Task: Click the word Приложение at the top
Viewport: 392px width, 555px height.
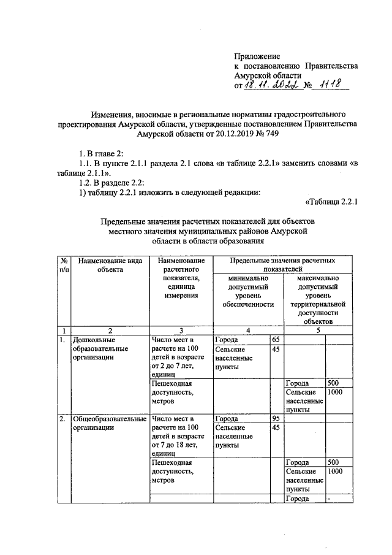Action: pyautogui.click(x=257, y=56)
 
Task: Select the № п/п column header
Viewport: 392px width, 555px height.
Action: pyautogui.click(x=63, y=264)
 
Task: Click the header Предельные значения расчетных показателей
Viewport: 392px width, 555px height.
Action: pyautogui.click(x=283, y=264)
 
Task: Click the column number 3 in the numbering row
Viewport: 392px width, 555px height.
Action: pyautogui.click(x=180, y=330)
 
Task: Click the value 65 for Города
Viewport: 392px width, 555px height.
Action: pyautogui.click(x=276, y=339)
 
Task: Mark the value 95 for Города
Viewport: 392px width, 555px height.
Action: pyautogui.click(x=276, y=419)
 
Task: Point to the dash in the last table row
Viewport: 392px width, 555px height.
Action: pyautogui.click(x=329, y=499)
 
